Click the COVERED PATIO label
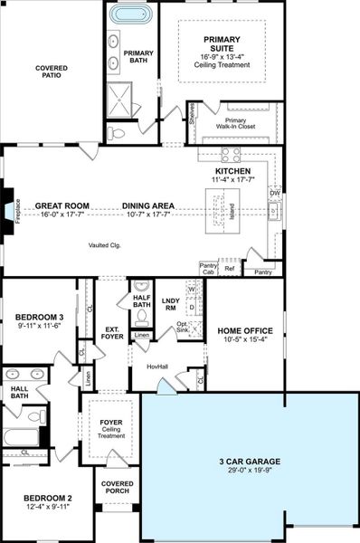(x=52, y=72)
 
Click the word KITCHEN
(x=232, y=170)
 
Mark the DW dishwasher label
(x=275, y=193)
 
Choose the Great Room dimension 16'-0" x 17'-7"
(x=60, y=215)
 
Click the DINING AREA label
(x=148, y=206)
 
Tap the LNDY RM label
(x=170, y=304)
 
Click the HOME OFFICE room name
(x=245, y=331)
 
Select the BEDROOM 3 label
(x=39, y=317)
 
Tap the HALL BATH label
(x=19, y=391)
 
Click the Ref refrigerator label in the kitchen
(x=229, y=269)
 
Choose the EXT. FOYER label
(x=113, y=333)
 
